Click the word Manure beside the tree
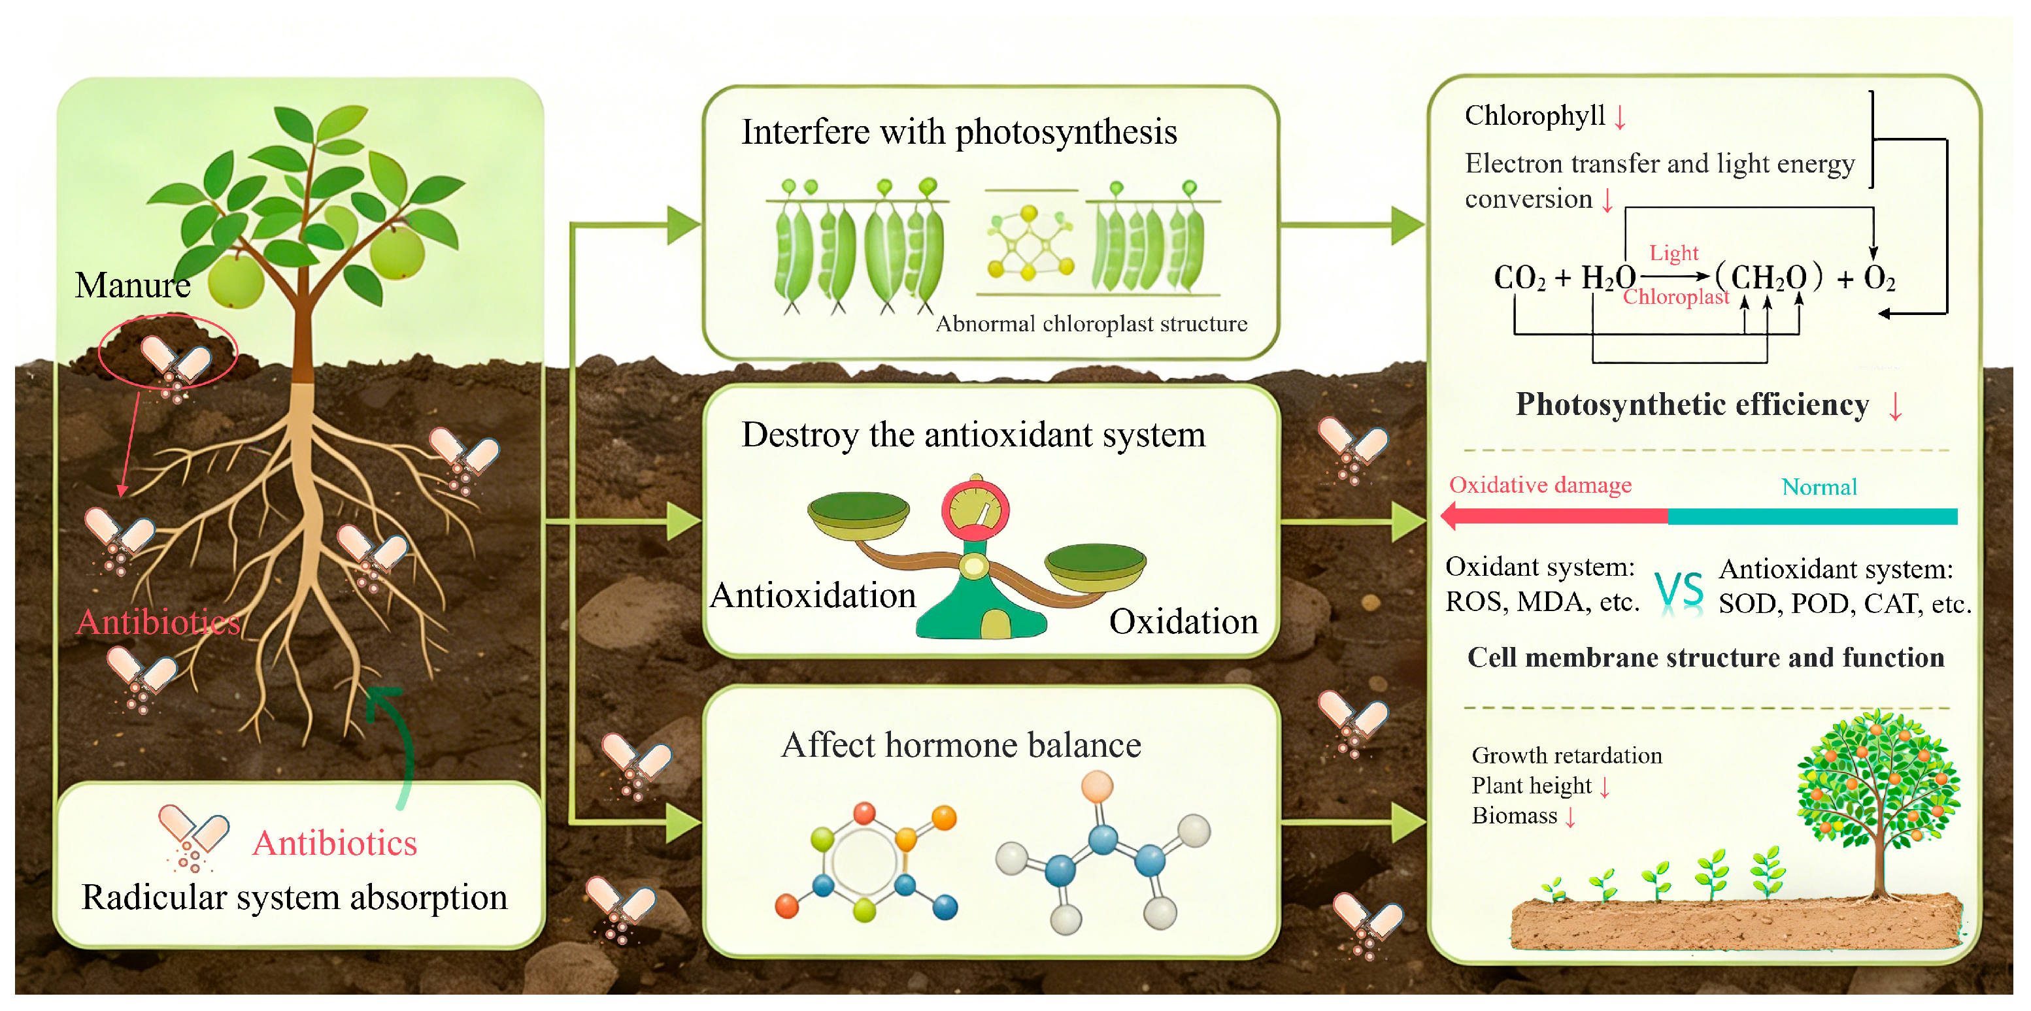pos(133,285)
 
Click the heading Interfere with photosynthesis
pos(959,133)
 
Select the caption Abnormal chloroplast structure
pos(1091,324)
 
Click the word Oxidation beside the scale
pos(1183,622)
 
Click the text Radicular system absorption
pos(294,897)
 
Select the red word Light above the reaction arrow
pos(1673,254)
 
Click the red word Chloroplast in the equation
pos(1675,297)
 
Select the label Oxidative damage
pos(1540,486)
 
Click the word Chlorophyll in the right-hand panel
pos(1534,116)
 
